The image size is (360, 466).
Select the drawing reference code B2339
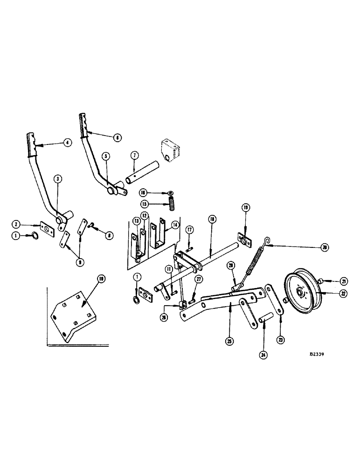[x=316, y=354]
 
